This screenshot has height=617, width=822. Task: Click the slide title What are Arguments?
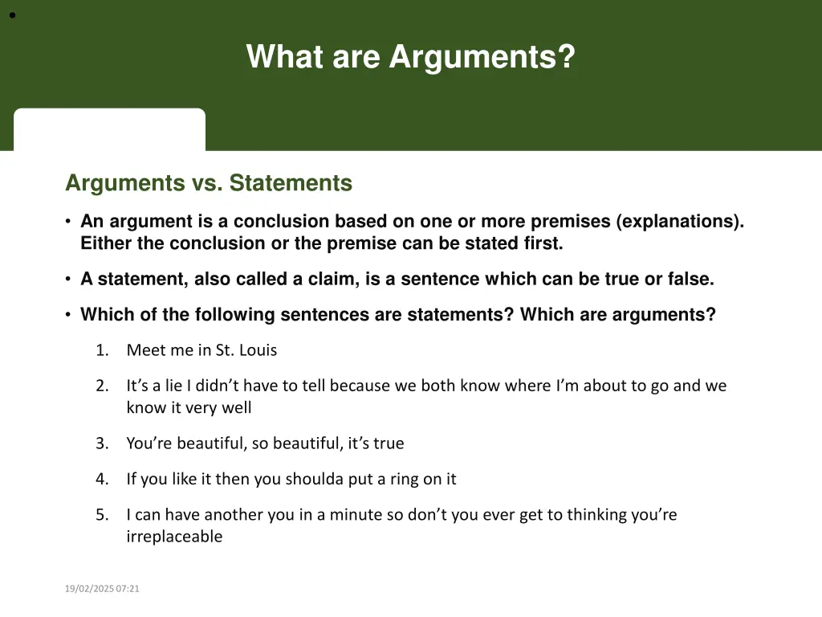coord(410,57)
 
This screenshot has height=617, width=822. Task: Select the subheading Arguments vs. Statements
coord(209,183)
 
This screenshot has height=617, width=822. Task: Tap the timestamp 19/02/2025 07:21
coord(102,589)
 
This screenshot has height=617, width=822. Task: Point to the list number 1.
coord(101,350)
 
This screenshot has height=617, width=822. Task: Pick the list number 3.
coord(101,443)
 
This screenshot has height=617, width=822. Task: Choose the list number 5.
coord(101,514)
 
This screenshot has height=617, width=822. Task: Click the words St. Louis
coord(246,350)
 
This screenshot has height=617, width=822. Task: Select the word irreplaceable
coord(174,537)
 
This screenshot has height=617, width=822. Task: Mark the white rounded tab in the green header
coord(109,129)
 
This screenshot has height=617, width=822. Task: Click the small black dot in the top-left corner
coord(13,14)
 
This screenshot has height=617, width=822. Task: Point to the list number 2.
coord(101,386)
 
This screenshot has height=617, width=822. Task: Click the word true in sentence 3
coord(388,443)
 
